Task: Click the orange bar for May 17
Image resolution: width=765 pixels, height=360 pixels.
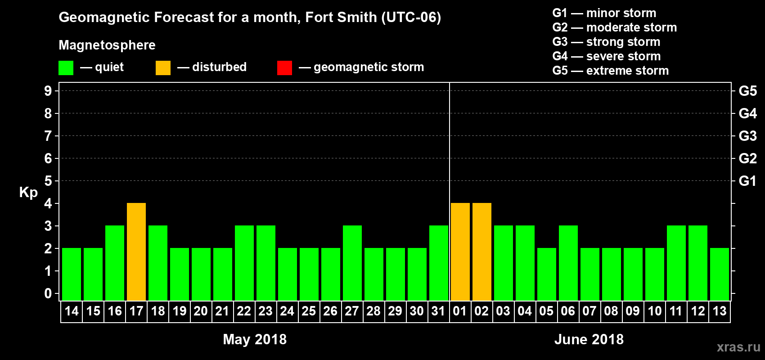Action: pyautogui.click(x=136, y=252)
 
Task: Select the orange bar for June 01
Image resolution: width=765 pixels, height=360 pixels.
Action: pyautogui.click(x=460, y=252)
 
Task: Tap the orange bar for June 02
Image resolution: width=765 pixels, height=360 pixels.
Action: pyautogui.click(x=481, y=252)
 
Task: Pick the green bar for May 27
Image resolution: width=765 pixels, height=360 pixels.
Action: pyautogui.click(x=352, y=263)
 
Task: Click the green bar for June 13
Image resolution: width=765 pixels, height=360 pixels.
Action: pyautogui.click(x=720, y=274)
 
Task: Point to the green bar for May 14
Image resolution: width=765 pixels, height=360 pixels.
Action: pyautogui.click(x=72, y=274)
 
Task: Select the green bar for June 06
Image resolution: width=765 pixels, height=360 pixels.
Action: pyautogui.click(x=568, y=263)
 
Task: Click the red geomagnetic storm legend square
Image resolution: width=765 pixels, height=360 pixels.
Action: pyautogui.click(x=284, y=67)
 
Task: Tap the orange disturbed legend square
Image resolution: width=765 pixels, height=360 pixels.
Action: pyautogui.click(x=163, y=67)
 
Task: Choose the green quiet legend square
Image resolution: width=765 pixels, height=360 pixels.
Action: pyautogui.click(x=66, y=67)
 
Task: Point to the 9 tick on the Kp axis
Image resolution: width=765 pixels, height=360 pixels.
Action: pyautogui.click(x=48, y=91)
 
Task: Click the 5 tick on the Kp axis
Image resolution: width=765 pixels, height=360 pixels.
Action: pyautogui.click(x=48, y=181)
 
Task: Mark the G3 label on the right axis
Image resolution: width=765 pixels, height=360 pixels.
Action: pyautogui.click(x=747, y=136)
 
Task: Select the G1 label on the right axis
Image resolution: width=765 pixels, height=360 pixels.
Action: pyautogui.click(x=747, y=181)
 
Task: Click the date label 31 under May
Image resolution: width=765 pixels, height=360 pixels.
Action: pyautogui.click(x=438, y=311)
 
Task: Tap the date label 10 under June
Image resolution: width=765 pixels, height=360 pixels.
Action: pyautogui.click(x=654, y=311)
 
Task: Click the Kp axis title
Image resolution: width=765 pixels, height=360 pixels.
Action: pyautogui.click(x=28, y=193)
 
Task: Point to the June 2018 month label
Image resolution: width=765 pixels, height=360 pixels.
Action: pyautogui.click(x=589, y=339)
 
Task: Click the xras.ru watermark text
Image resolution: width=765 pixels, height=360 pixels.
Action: pyautogui.click(x=738, y=347)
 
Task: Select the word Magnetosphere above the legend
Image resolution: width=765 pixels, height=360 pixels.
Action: pyautogui.click(x=107, y=45)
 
